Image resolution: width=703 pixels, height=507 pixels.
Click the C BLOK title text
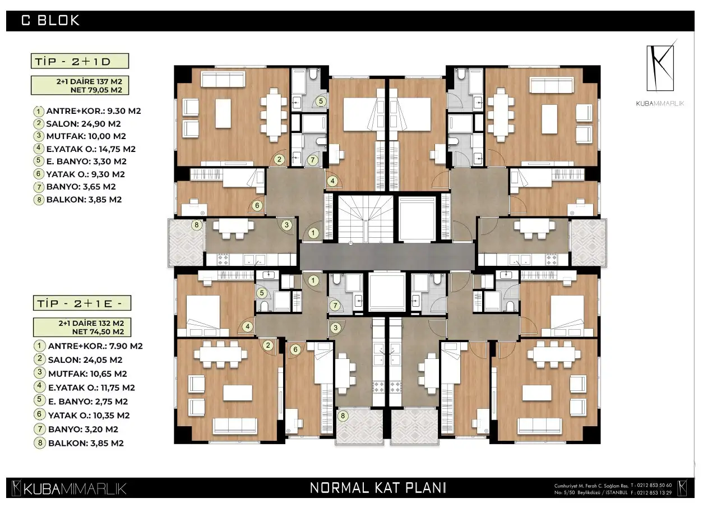point(50,21)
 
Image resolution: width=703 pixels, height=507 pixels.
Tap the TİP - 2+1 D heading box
point(80,61)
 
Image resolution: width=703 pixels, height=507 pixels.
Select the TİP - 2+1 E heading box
point(82,303)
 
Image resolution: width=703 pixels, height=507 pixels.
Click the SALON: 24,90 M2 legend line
point(84,124)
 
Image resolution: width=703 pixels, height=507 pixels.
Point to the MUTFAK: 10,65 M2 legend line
point(87,374)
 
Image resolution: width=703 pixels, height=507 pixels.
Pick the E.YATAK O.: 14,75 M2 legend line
point(91,149)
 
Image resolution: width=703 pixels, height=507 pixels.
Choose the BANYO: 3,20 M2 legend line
point(83,429)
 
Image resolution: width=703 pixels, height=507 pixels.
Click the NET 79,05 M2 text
point(96,90)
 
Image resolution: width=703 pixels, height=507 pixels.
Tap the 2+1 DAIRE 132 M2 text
point(91,323)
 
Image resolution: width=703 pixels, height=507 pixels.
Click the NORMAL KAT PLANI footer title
point(378,488)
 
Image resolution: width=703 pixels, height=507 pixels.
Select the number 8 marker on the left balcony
point(196,225)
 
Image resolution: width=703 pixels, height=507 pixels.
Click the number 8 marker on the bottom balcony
point(343,416)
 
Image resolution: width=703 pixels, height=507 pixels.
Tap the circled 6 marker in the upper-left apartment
point(257,206)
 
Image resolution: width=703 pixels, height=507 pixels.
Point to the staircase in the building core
point(366,219)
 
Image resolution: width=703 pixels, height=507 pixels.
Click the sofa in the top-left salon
point(223,79)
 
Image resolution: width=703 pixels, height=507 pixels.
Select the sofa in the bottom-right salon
point(540,426)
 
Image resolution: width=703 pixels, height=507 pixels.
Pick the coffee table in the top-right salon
point(549,119)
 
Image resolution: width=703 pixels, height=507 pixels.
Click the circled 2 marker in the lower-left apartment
point(268,345)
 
